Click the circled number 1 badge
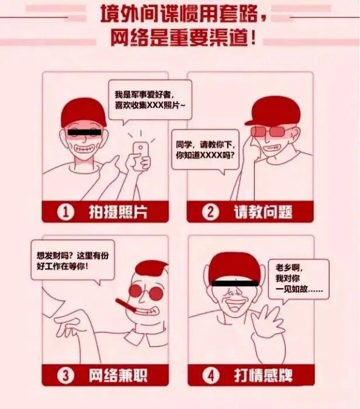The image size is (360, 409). point(66,212)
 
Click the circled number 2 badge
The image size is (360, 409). point(211,212)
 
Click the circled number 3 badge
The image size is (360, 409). point(66,373)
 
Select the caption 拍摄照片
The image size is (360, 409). point(117,212)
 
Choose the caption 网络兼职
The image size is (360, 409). point(117,373)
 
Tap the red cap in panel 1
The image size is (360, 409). point(82,112)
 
